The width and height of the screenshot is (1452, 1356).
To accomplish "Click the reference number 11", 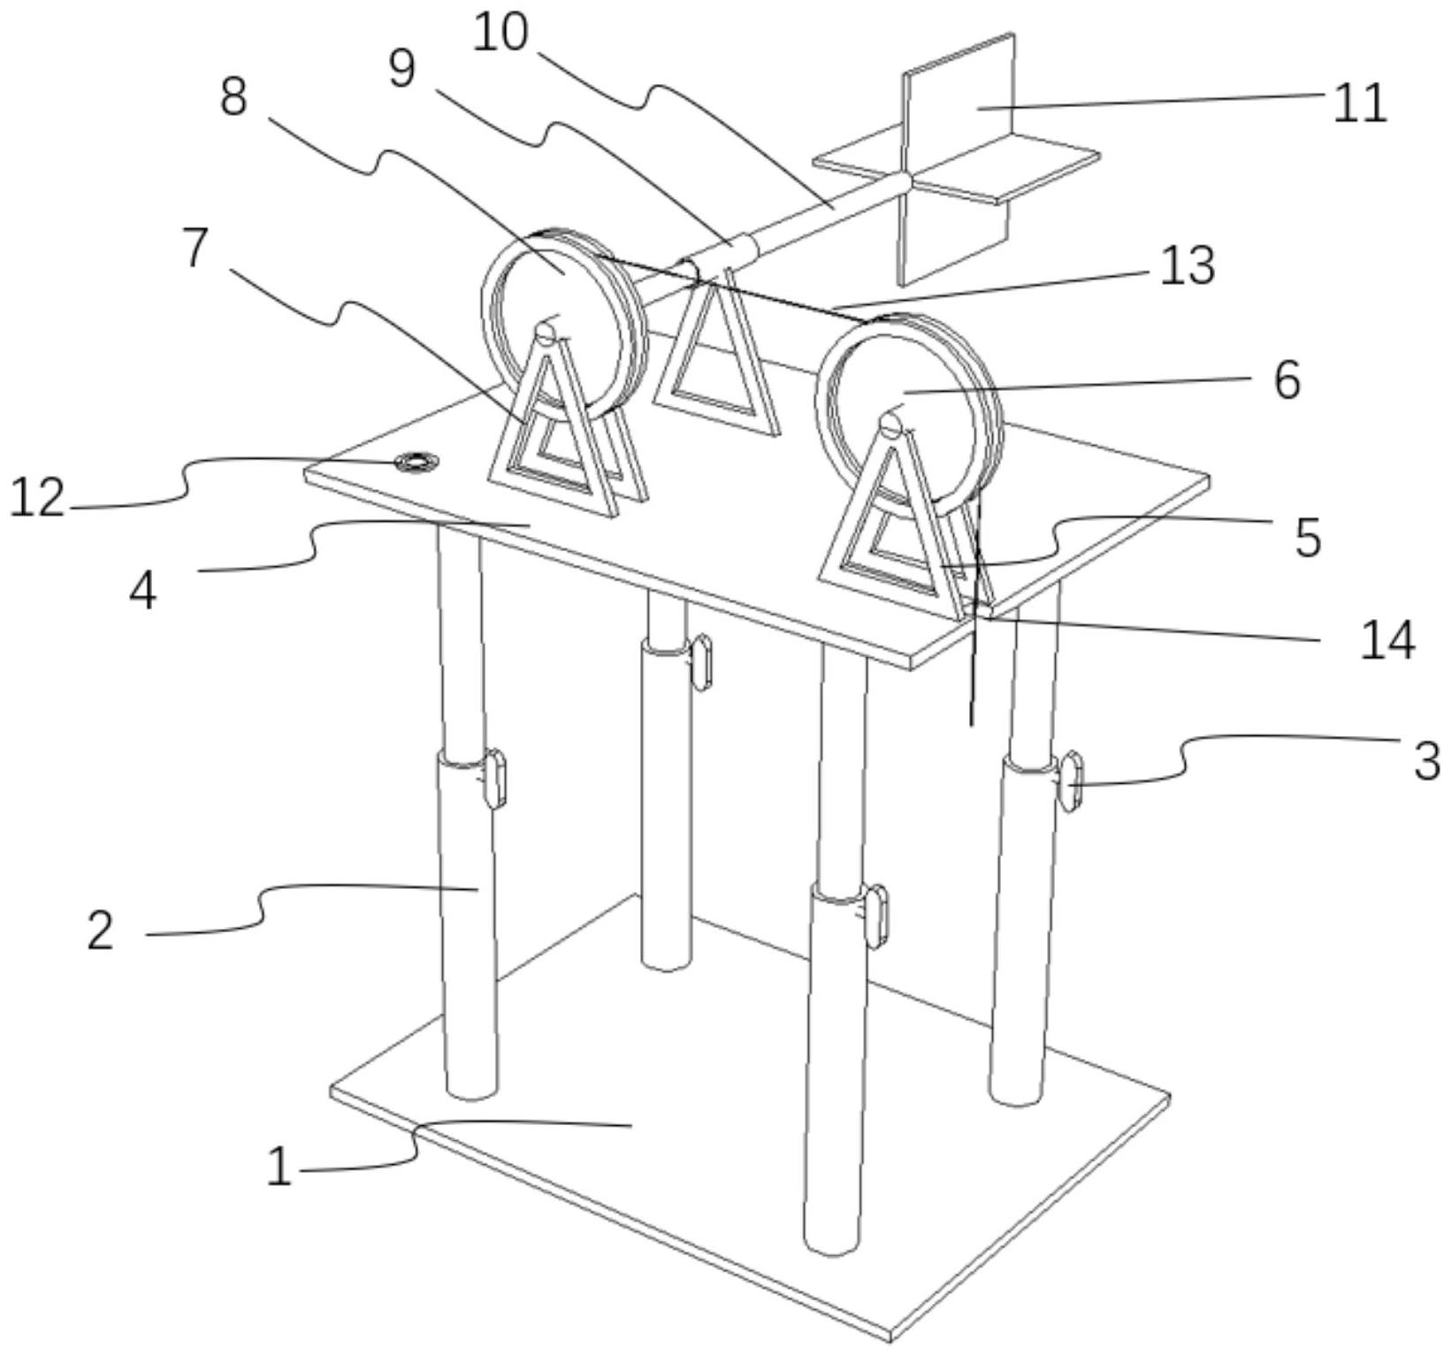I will [1360, 104].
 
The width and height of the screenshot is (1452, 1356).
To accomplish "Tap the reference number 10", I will [500, 33].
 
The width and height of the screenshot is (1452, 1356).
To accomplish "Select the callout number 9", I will [402, 68].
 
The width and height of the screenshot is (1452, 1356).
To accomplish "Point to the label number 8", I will [233, 96].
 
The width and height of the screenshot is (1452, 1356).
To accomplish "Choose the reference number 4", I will [143, 591].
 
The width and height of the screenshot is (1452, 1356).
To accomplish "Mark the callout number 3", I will [1426, 761].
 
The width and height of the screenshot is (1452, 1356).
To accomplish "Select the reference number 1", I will [279, 1166].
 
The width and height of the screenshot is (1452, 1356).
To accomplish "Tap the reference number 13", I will [1188, 265].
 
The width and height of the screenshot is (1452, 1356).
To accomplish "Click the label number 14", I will [1387, 640].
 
